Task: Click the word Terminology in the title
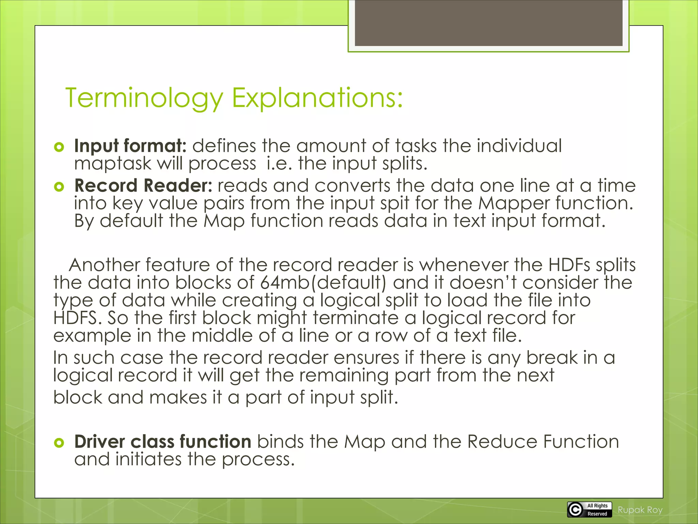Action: (x=144, y=98)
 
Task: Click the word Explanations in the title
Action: (x=317, y=98)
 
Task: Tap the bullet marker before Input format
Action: (x=59, y=147)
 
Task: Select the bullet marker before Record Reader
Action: (x=59, y=187)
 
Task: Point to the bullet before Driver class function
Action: (x=59, y=443)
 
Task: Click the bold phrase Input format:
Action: (x=130, y=146)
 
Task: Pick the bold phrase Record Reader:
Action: (x=143, y=186)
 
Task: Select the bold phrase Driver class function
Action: (x=163, y=441)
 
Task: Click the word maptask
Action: (x=112, y=164)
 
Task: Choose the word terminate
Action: (x=355, y=318)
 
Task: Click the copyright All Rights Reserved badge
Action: (x=589, y=510)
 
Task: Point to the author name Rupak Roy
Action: (x=640, y=510)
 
